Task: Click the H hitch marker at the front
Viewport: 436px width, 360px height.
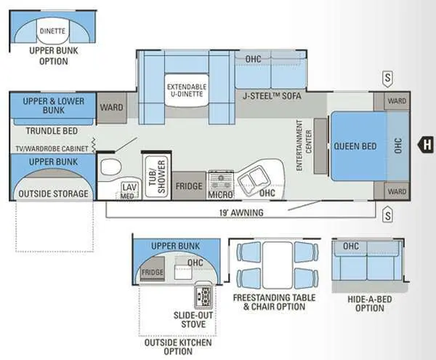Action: click(426, 145)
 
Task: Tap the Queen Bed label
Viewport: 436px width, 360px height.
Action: click(355, 146)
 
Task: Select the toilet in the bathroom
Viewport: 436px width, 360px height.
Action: click(111, 167)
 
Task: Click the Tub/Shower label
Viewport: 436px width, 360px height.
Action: click(157, 177)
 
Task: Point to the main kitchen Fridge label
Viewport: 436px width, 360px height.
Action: click(189, 186)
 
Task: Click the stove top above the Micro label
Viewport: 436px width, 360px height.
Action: click(221, 180)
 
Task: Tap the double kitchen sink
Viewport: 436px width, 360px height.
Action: click(254, 180)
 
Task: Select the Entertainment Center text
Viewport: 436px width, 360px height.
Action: click(304, 145)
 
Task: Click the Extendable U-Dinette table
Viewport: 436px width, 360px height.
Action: click(187, 90)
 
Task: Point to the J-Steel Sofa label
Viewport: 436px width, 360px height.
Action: click(272, 96)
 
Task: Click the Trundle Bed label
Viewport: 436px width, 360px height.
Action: click(52, 131)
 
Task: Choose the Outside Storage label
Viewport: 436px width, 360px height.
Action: click(53, 193)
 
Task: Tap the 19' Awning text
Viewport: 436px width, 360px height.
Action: click(241, 213)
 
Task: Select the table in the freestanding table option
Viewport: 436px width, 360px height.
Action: click(278, 265)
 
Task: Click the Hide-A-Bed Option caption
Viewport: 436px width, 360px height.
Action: click(370, 304)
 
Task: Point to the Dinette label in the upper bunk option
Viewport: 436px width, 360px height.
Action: click(52, 31)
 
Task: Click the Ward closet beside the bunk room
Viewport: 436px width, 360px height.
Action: click(111, 108)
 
